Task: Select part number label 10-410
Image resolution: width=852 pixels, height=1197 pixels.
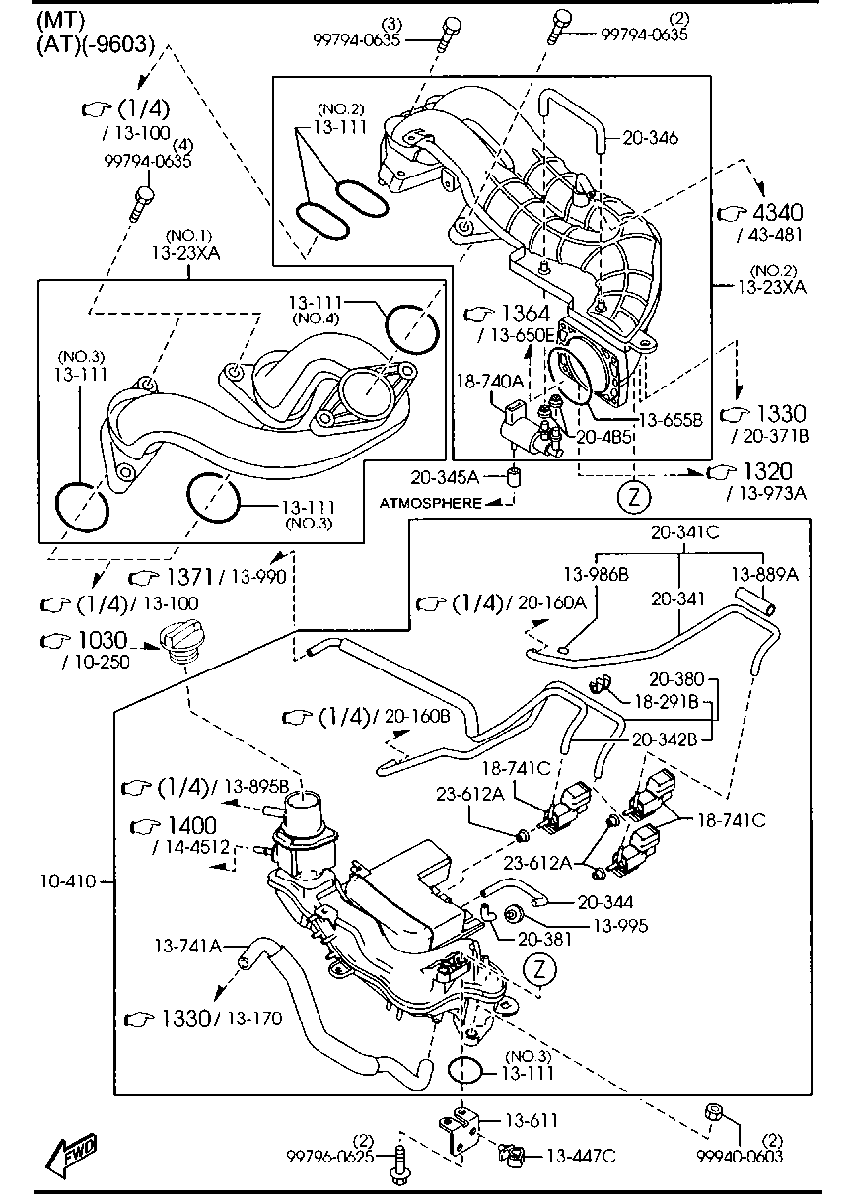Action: pyautogui.click(x=69, y=880)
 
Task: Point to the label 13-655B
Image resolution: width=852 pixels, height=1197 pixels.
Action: pyautogui.click(x=671, y=419)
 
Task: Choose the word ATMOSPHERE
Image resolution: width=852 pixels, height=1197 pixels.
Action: pyautogui.click(x=432, y=503)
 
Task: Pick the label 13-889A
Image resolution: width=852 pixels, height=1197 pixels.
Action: pyautogui.click(x=763, y=573)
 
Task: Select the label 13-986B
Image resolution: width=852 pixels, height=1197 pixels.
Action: pyautogui.click(x=597, y=573)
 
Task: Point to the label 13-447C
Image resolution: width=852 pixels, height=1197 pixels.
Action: pyautogui.click(x=581, y=1155)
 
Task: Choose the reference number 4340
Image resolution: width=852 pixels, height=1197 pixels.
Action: pyautogui.click(x=777, y=213)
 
